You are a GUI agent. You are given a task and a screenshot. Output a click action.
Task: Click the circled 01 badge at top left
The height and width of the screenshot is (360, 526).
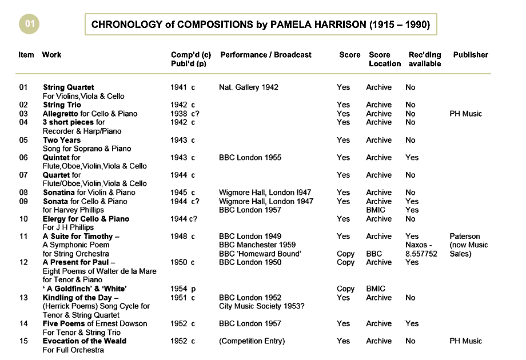30,24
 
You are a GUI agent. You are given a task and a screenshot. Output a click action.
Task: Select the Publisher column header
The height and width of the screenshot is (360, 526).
471,55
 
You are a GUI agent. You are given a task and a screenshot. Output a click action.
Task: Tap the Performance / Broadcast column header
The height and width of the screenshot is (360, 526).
266,55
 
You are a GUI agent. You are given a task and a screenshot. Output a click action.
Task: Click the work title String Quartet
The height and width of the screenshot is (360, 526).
69,87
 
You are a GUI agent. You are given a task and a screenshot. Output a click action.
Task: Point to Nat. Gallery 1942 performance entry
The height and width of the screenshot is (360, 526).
249,87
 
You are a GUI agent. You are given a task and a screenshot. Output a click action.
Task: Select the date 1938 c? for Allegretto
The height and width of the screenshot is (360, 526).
185,114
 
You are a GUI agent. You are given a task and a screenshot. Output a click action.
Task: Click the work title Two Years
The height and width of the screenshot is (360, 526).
62,140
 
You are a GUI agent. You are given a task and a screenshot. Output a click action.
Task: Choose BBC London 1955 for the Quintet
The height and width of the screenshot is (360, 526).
250,158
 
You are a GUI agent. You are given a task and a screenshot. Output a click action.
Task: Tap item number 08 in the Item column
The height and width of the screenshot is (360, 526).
23,193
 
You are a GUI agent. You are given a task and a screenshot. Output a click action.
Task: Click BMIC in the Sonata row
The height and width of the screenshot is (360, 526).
376,210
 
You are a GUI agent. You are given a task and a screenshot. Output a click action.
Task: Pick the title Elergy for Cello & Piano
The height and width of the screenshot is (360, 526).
86,219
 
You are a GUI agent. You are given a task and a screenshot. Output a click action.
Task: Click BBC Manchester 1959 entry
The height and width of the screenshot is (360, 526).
257,245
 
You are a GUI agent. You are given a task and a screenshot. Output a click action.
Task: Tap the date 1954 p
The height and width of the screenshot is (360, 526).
182,289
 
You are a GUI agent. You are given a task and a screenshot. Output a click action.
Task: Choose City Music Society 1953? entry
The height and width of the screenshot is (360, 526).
261,306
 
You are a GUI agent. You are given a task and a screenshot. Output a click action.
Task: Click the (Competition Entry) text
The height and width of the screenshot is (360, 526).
252,341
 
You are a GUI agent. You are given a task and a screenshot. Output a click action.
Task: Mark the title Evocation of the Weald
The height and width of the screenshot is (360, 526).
85,341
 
